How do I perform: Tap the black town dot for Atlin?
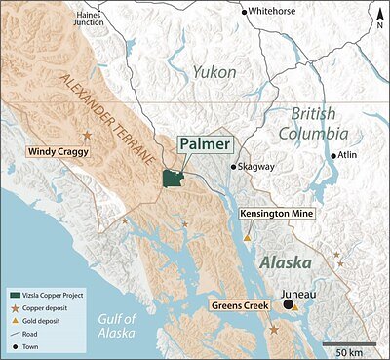(x=333, y=156)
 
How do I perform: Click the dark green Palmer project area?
(x=175, y=180)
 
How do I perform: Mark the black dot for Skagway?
(x=233, y=167)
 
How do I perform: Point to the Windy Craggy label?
(x=51, y=154)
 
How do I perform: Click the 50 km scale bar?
(x=341, y=343)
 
